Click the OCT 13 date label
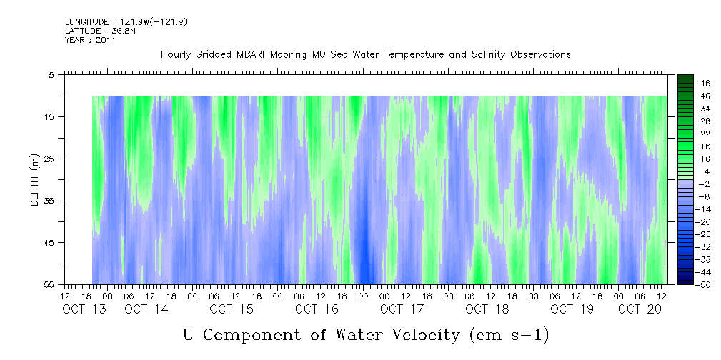[x=79, y=309]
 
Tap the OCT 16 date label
[x=317, y=309]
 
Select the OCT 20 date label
[x=640, y=309]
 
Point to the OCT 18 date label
[x=487, y=309]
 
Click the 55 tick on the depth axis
[x=51, y=284]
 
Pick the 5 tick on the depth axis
[x=54, y=74]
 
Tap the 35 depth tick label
[x=51, y=201]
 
